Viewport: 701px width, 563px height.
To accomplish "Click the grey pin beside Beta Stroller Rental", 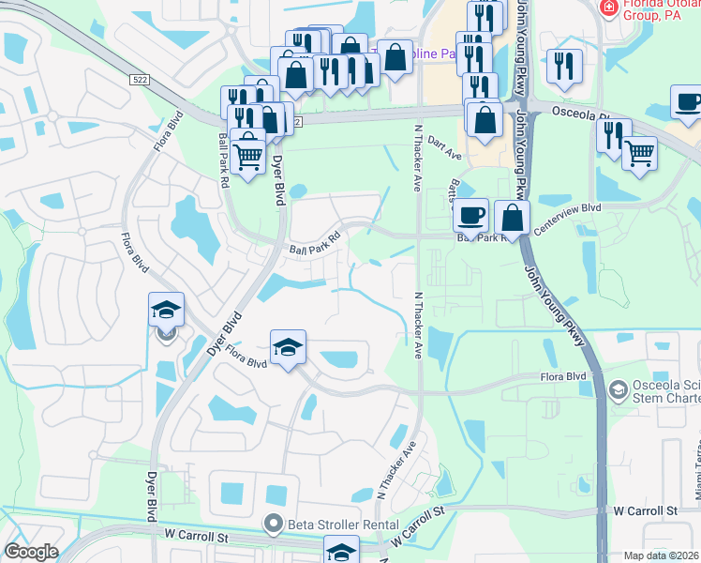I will click(x=274, y=524).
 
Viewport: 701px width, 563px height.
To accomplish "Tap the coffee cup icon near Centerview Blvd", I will click(x=471, y=214).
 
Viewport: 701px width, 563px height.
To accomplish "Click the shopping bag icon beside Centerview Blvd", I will click(x=513, y=217).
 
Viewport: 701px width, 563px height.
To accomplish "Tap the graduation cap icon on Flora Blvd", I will click(x=289, y=347).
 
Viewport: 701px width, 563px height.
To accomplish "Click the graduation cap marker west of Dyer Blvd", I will click(x=167, y=309).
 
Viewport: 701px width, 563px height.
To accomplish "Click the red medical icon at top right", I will click(x=607, y=7).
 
